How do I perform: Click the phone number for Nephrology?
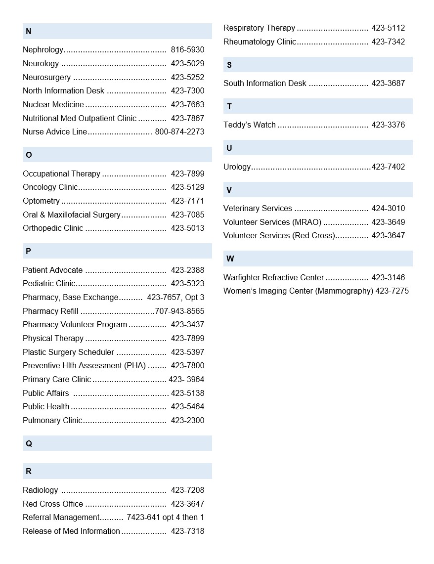187,50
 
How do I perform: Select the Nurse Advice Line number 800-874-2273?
179,132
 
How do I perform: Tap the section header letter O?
29,155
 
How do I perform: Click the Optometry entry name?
41,201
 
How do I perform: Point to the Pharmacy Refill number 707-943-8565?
179,311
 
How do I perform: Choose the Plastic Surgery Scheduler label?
68,352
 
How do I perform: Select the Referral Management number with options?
165,518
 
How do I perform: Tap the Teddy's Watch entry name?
249,125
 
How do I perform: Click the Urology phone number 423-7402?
388,167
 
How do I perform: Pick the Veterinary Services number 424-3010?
388,209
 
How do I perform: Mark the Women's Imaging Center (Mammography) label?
298,291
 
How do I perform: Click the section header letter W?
230,259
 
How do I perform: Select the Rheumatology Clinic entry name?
260,42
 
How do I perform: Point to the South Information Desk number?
388,84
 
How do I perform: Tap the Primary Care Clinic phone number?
186,380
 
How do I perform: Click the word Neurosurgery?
46,78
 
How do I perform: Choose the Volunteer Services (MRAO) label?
272,222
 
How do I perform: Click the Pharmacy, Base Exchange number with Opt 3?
175,298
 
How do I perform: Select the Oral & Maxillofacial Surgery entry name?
72,215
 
